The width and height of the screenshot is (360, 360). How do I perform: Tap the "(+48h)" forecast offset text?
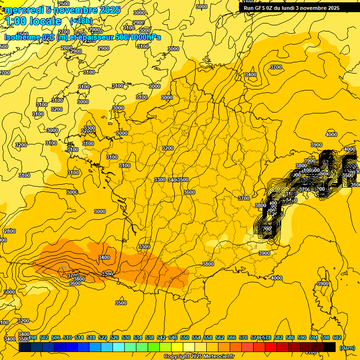[81, 21]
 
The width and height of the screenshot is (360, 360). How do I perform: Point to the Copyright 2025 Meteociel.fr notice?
[199, 356]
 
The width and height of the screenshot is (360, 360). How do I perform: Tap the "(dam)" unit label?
[347, 347]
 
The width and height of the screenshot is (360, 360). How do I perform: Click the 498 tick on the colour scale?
[32, 337]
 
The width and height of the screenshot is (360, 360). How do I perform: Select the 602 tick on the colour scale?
[337, 337]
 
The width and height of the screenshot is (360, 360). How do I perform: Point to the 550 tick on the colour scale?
[185, 337]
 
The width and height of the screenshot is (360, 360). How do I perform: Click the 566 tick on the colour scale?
[232, 337]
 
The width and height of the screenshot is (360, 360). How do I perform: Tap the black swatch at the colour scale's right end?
[330, 347]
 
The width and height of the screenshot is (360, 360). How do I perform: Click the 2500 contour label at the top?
[64, 4]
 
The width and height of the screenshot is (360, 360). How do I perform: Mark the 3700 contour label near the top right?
[276, 67]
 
